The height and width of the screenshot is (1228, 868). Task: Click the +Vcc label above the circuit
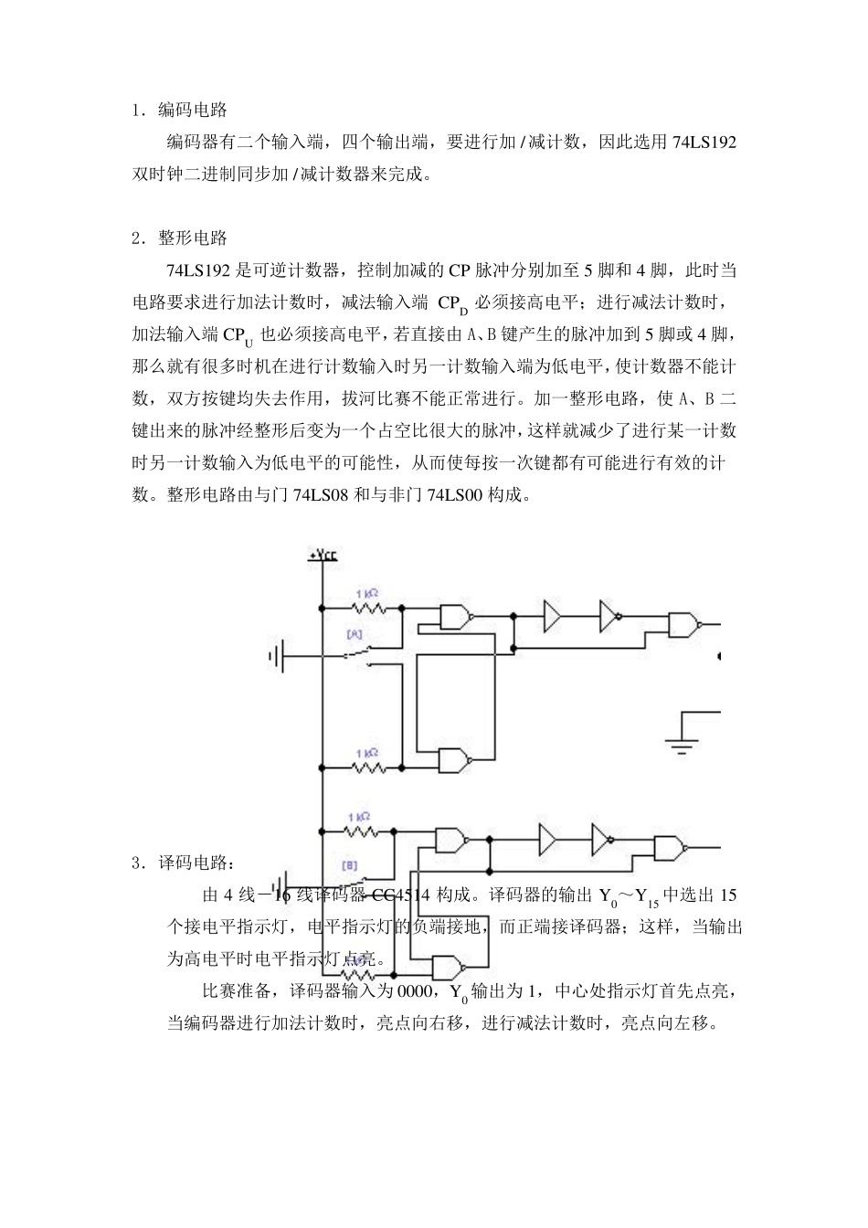click(x=322, y=556)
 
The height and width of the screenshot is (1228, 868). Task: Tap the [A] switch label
click(x=355, y=632)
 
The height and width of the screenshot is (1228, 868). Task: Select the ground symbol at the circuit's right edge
click(x=681, y=741)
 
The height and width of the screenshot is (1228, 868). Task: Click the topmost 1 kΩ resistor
click(x=365, y=606)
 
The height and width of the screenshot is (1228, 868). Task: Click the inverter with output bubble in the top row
click(x=609, y=617)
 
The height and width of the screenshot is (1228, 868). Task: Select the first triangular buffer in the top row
click(x=553, y=617)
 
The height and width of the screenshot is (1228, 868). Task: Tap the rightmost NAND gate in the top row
click(x=683, y=625)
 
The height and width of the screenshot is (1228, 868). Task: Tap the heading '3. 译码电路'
click(x=183, y=862)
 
